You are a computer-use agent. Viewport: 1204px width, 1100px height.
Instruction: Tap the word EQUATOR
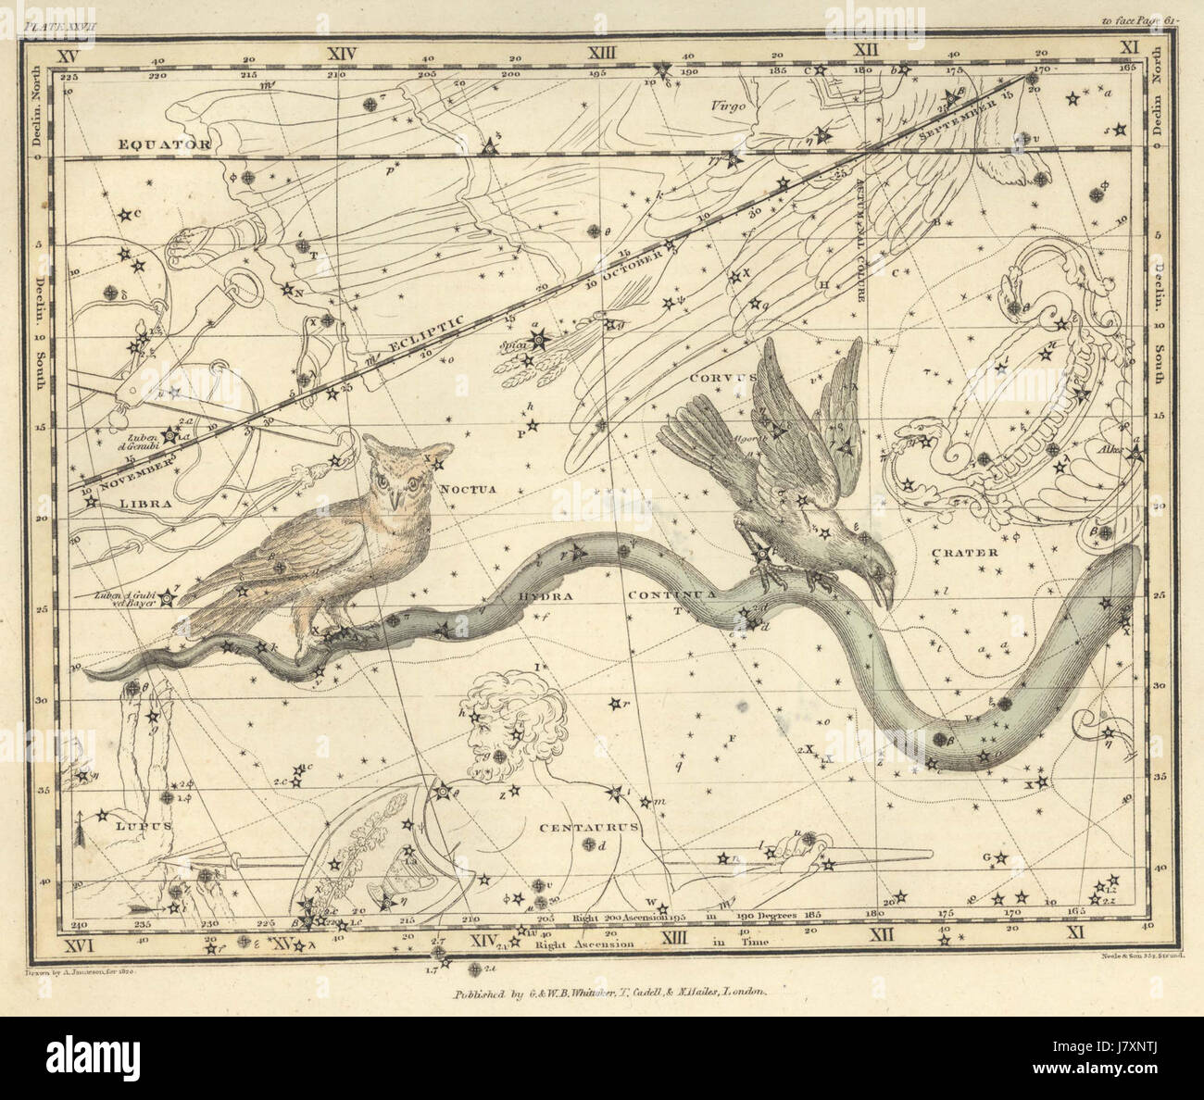tap(164, 144)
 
